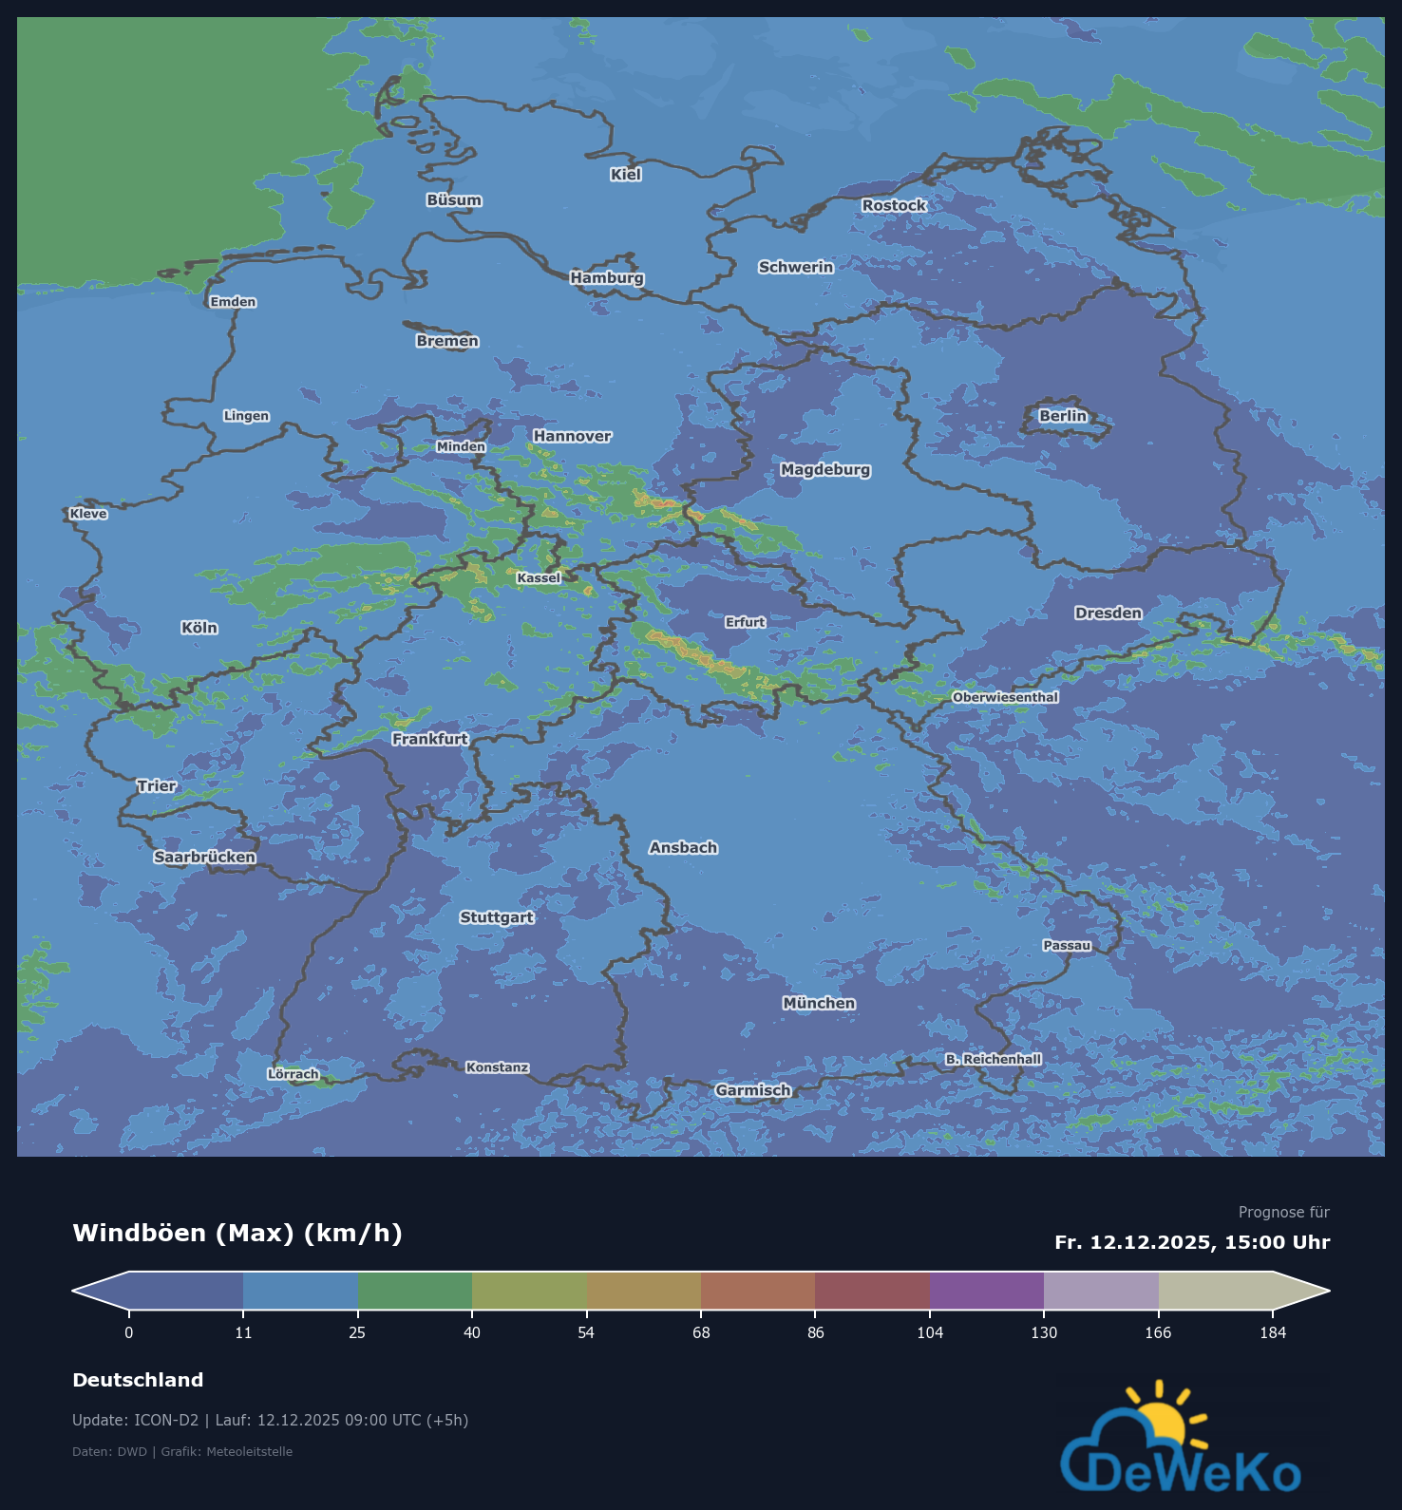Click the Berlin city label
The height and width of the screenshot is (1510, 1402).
[1062, 416]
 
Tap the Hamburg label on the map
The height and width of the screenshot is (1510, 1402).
[607, 277]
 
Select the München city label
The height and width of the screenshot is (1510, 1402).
[819, 1003]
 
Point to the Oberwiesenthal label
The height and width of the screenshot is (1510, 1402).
[1005, 697]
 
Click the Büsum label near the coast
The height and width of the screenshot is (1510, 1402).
[454, 200]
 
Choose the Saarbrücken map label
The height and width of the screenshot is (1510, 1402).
[205, 857]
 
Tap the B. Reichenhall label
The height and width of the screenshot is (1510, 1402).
[993, 1059]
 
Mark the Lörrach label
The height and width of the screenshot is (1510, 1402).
[293, 1074]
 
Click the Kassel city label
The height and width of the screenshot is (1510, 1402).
[539, 577]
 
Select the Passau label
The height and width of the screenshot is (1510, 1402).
[1067, 945]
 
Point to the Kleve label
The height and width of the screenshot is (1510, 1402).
[88, 514]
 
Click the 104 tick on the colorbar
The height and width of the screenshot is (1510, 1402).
[930, 1332]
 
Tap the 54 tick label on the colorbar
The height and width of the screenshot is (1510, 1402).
[586, 1332]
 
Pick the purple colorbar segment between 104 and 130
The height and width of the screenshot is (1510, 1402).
[987, 1291]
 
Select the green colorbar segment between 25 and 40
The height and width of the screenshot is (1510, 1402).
[415, 1291]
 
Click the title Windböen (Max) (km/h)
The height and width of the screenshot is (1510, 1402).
[237, 1233]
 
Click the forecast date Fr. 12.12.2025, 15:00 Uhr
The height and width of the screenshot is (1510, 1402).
[1192, 1242]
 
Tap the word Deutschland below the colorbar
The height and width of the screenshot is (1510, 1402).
[138, 1380]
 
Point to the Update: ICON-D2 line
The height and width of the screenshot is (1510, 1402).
[270, 1420]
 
